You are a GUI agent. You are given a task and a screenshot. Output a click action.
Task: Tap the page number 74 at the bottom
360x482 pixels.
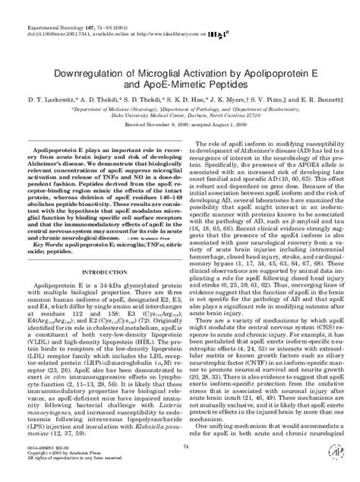point(180,451)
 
